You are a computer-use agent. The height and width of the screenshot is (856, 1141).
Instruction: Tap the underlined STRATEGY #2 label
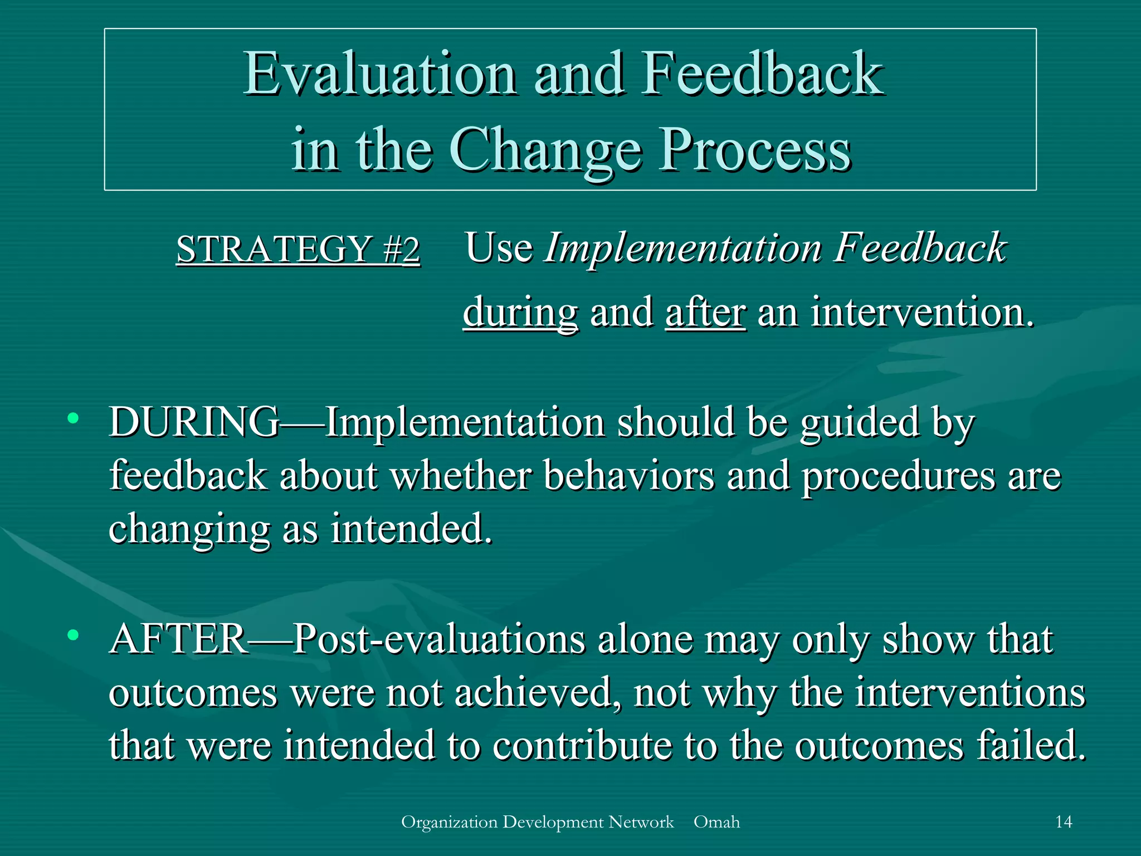[298, 249]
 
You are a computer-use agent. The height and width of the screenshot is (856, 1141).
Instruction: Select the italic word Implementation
[684, 247]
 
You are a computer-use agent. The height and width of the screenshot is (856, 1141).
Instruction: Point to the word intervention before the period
[916, 312]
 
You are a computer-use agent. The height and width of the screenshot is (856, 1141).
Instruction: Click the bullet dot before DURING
[72, 419]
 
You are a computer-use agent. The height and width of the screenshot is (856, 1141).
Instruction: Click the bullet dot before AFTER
[72, 635]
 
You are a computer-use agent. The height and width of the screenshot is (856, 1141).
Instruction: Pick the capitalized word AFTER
[178, 639]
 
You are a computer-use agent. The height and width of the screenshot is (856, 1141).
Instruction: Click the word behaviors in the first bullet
[628, 476]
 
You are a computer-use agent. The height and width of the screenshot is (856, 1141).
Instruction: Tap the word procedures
[898, 477]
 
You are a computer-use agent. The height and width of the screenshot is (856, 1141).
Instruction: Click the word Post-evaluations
[439, 639]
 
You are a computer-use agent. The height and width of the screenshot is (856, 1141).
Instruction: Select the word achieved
[538, 693]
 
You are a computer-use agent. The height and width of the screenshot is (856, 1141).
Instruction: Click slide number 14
[1064, 822]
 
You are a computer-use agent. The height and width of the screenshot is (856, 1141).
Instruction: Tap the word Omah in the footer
[716, 822]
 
